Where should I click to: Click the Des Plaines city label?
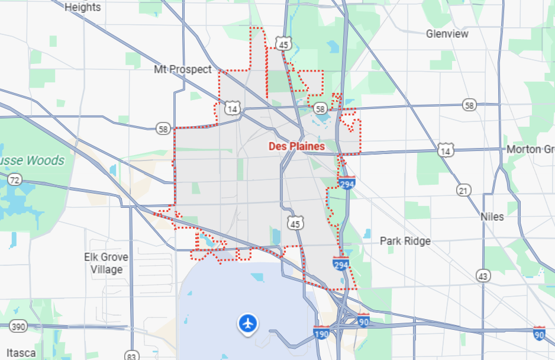(296, 146)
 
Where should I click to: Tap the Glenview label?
(447, 34)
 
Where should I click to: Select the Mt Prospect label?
(182, 69)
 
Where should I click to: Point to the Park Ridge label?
(405, 241)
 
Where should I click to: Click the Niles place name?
(492, 216)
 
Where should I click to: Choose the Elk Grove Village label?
(107, 263)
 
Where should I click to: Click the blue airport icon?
(248, 323)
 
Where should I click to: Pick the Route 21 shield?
(464, 189)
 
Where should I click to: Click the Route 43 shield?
(483, 275)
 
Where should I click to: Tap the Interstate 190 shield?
(321, 334)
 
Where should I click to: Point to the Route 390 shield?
(18, 326)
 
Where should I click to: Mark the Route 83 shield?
(131, 356)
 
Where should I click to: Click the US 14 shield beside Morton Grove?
(446, 151)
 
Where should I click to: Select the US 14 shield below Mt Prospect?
(233, 108)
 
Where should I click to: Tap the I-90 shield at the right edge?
(539, 333)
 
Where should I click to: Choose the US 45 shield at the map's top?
(284, 44)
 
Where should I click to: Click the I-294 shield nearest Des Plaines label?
(347, 184)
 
